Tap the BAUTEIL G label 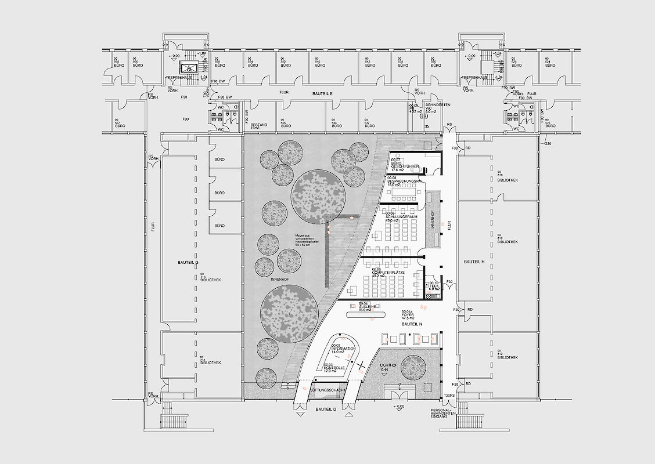click(188, 263)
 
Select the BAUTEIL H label click(474, 262)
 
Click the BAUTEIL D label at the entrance click(326, 409)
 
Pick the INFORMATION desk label click(343, 348)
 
